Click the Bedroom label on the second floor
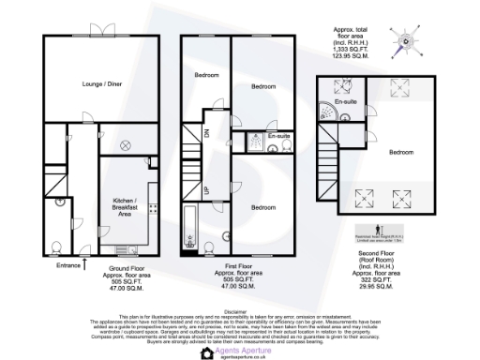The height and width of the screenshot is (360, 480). click(404, 152)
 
